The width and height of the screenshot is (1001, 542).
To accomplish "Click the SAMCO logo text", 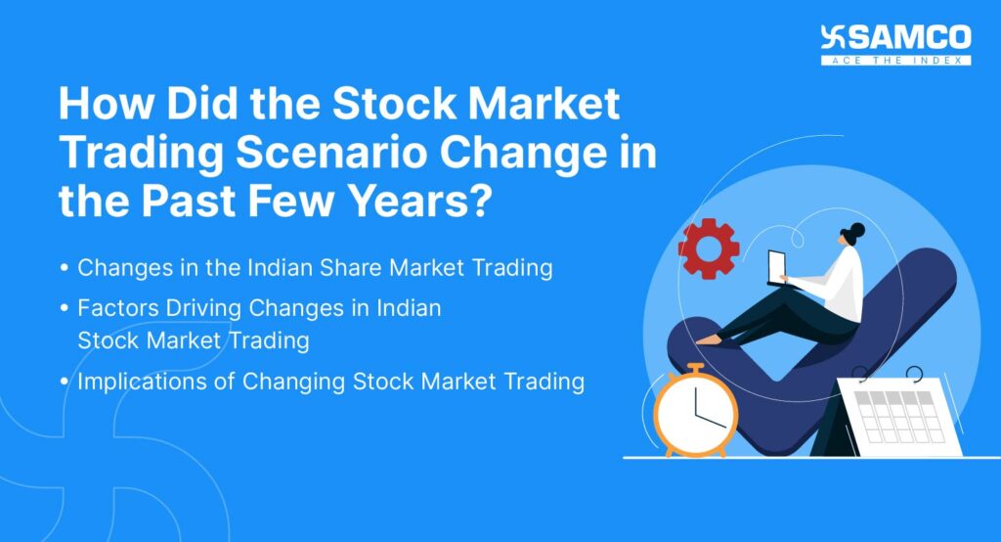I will point(908,38).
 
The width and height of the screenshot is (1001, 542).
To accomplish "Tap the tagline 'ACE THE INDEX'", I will point(895,61).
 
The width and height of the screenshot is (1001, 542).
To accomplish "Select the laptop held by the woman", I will point(776,265).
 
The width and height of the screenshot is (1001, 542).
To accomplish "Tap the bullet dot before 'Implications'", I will point(65,382).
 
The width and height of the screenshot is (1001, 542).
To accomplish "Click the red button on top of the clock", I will point(695,368).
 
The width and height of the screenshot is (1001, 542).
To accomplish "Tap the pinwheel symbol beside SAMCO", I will point(835,38).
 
